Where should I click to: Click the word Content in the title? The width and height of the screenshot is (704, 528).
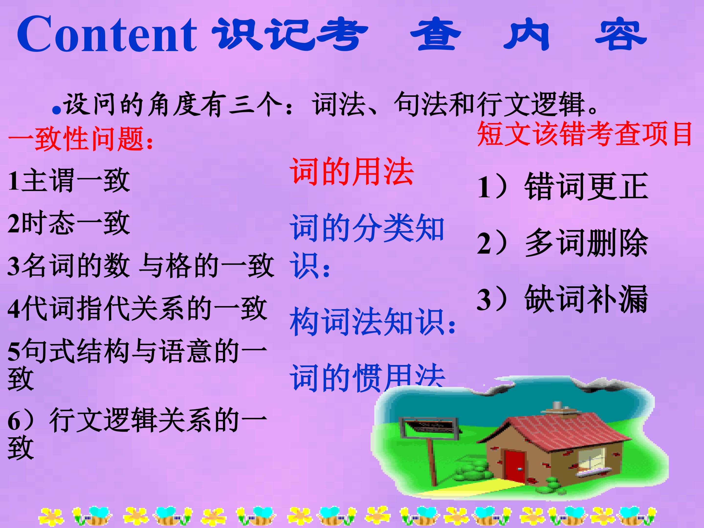click(x=107, y=34)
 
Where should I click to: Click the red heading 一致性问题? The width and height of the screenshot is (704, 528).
click(x=81, y=139)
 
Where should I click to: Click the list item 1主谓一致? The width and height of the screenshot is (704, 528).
click(x=69, y=181)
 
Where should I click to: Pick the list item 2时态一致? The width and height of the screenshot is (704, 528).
click(x=69, y=223)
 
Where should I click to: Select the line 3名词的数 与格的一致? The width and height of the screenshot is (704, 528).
click(x=140, y=266)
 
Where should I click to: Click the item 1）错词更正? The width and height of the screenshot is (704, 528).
click(x=562, y=186)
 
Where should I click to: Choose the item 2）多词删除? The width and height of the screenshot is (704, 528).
click(x=562, y=243)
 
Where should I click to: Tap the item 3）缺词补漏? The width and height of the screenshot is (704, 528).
click(x=562, y=299)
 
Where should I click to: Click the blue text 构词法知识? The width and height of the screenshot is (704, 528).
click(x=372, y=322)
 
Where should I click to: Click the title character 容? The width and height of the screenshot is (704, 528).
click(x=621, y=35)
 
